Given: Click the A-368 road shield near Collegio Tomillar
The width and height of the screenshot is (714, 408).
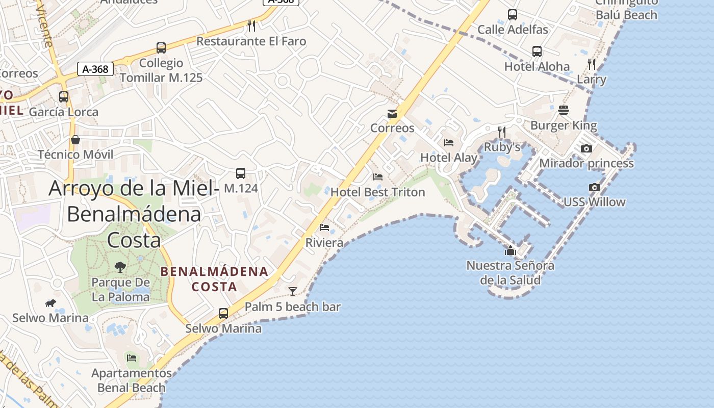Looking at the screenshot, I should [x=95, y=69].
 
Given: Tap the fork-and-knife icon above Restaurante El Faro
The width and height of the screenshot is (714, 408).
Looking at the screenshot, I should [x=251, y=25].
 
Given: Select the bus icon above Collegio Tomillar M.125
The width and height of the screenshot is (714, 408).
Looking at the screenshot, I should [x=161, y=48].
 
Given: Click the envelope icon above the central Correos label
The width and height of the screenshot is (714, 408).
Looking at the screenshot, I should [x=392, y=113].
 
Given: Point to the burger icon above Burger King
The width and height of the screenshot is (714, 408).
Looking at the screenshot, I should [x=564, y=110].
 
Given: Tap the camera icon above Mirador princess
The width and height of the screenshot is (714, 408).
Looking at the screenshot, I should [x=586, y=148].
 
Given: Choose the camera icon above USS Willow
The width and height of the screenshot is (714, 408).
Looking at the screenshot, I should [x=595, y=187].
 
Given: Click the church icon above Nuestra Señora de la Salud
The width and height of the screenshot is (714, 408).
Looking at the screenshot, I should [x=511, y=250].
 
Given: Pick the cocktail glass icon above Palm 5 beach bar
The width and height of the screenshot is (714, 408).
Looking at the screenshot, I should [x=293, y=291].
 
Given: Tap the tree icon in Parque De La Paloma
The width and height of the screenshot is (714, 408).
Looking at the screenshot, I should [x=120, y=267].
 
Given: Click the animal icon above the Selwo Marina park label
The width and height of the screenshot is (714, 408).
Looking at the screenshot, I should [x=50, y=303].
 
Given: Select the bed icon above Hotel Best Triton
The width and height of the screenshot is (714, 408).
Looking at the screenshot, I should [x=378, y=177].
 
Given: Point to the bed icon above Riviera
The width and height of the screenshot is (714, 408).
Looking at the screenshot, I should [x=324, y=227].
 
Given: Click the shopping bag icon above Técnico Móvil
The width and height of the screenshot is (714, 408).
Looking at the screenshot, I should [x=75, y=139].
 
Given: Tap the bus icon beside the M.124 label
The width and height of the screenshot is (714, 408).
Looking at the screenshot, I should [x=241, y=173].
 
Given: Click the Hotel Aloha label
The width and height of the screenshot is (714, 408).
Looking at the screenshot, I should [x=537, y=66].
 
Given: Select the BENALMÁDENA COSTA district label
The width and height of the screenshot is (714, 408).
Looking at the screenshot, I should [x=214, y=278].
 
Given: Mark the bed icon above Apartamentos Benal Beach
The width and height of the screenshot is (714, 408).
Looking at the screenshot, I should [x=132, y=358].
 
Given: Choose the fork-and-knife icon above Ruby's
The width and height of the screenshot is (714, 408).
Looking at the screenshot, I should [x=502, y=132].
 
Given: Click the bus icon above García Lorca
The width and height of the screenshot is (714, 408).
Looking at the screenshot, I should [x=64, y=96].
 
